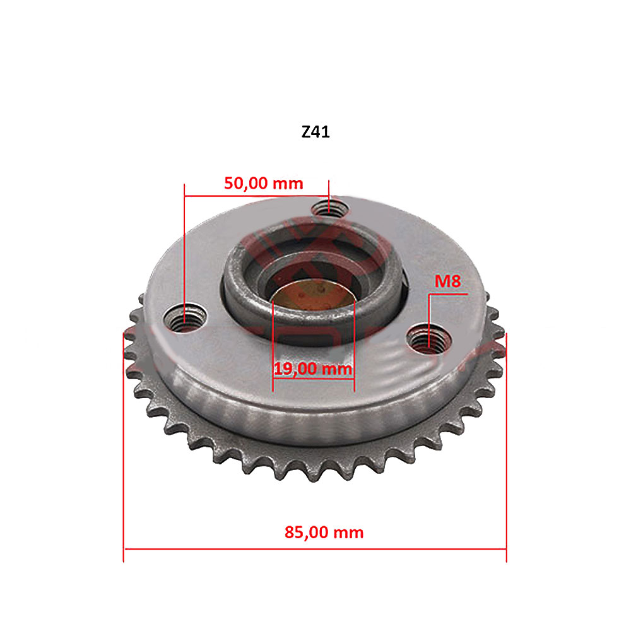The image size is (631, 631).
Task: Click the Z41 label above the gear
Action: tap(315, 133)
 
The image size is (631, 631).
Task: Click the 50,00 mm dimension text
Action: tap(264, 184)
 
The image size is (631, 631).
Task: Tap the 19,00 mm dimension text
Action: tap(312, 369)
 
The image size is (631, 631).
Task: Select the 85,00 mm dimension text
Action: tap(324, 532)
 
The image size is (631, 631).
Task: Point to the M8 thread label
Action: tap(447, 281)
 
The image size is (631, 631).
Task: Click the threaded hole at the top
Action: tap(329, 208)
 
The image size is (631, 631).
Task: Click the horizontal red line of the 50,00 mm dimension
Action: tap(256, 196)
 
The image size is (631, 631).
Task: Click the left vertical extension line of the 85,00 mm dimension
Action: tap(124, 442)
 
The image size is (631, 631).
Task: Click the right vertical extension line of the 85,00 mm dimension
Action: tap(507, 442)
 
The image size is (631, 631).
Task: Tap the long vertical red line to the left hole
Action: tap(184, 252)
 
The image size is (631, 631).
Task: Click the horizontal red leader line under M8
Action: tap(447, 294)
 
